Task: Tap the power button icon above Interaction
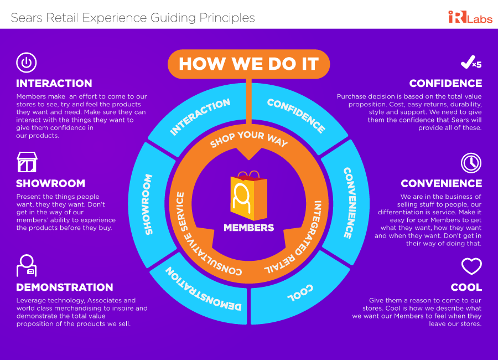coord(26,62)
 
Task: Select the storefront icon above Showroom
coord(27,162)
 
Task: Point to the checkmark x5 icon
coord(471,63)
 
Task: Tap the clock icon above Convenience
coord(471,163)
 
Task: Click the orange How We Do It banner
coord(248,64)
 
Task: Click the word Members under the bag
coord(248,228)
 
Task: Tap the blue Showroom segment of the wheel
coord(148,197)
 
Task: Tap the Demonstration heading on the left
coord(64,287)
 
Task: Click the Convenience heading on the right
coord(441,183)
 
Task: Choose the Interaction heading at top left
coord(54,84)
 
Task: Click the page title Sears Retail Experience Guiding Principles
coord(133,18)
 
